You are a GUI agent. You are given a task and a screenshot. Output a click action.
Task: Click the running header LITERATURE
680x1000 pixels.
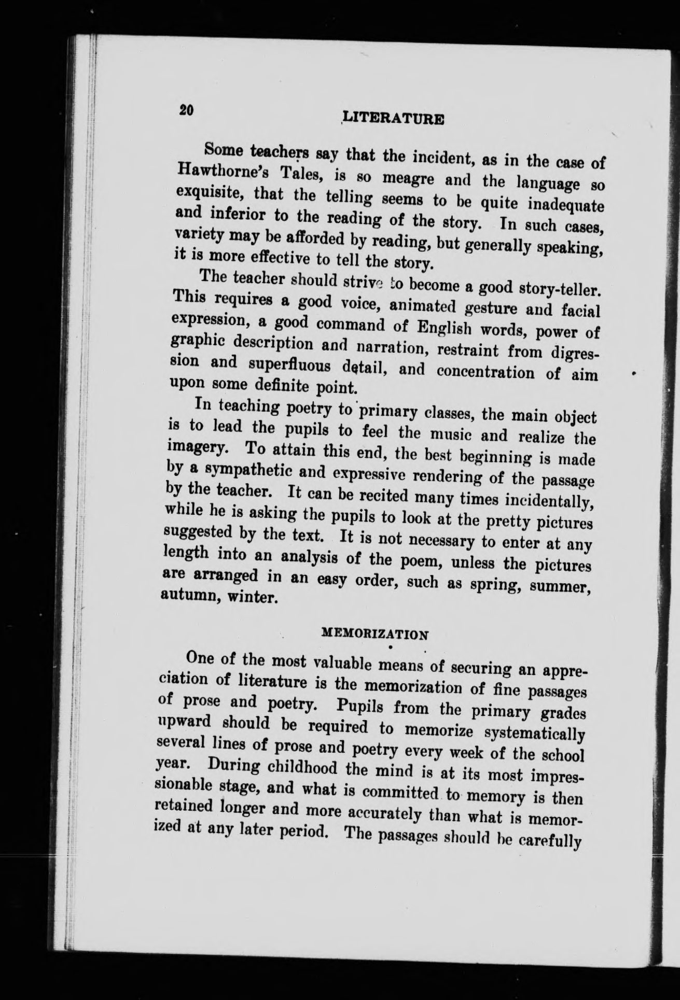click(x=394, y=119)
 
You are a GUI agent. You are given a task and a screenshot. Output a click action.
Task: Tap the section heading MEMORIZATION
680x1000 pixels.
click(x=374, y=633)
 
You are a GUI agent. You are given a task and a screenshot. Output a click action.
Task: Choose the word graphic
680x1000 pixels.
click(x=197, y=345)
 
